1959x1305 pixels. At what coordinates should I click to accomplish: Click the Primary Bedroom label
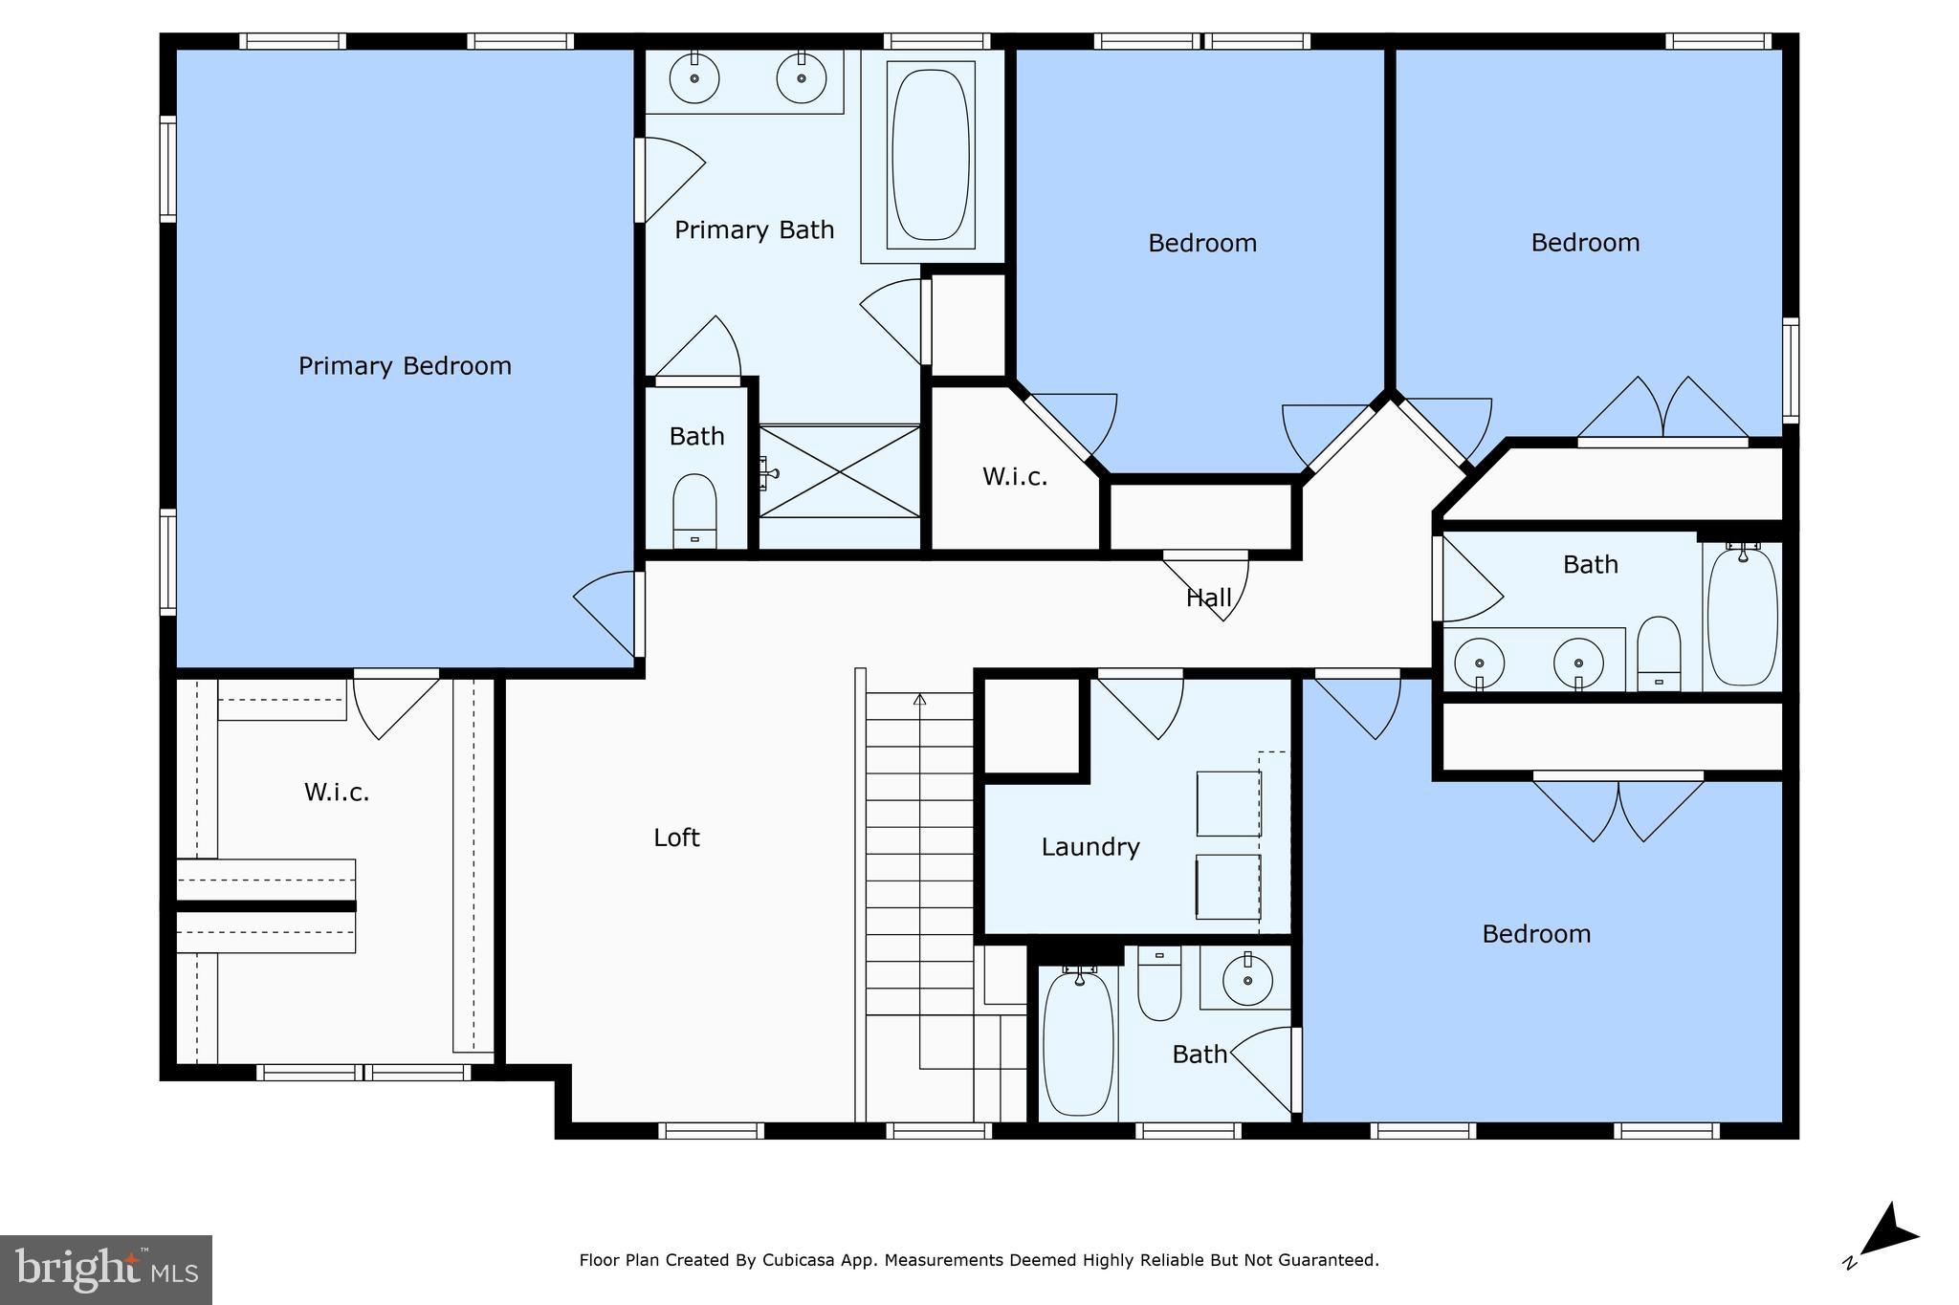tap(405, 366)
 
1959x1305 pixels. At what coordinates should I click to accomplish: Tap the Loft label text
tap(676, 838)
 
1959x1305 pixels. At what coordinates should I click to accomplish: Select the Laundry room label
tap(1090, 847)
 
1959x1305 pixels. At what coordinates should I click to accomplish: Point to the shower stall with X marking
tap(840, 471)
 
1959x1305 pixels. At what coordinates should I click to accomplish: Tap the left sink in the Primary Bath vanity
tap(694, 78)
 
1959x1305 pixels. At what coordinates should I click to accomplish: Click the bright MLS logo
tap(105, 1269)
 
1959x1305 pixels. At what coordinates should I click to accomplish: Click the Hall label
tap(1208, 598)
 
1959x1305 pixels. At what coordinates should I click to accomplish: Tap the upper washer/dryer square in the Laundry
tap(1228, 803)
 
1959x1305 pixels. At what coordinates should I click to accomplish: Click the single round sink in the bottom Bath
tap(1247, 980)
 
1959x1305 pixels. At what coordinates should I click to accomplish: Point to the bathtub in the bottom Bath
tap(1078, 1041)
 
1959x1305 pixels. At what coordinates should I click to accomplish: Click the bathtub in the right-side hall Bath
tap(1742, 617)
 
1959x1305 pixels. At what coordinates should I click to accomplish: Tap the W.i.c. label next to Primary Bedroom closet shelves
tap(337, 793)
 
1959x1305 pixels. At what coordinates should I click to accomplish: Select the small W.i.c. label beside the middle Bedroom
tap(1015, 477)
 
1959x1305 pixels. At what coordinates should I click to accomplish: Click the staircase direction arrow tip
tap(919, 698)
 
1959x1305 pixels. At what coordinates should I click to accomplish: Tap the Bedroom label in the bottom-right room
tap(1536, 934)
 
